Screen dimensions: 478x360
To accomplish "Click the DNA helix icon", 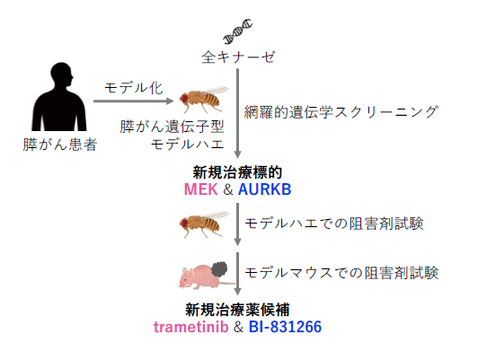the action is point(238,31).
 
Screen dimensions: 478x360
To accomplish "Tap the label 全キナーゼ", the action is point(238,57).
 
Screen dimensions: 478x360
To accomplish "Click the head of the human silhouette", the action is point(62,75).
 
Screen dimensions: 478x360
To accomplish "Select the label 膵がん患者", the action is point(59,145).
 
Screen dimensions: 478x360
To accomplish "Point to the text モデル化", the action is point(134,88).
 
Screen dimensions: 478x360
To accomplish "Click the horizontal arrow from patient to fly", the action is point(134,101).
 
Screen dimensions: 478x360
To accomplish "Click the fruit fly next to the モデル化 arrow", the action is point(204,98).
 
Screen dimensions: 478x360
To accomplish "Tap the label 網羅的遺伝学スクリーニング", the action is point(341,112).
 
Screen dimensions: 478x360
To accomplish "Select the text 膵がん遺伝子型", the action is point(173,127).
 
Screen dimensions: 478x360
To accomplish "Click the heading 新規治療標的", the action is point(237,172).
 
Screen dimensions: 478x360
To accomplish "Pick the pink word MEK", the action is point(201,189).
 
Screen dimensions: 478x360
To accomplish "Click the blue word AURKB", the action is point(264,189).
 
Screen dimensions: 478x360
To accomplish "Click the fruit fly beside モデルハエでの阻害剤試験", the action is point(204,224).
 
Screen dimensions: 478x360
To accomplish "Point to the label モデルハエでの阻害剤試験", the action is point(334,224).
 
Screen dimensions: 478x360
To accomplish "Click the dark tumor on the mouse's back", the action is point(219,269).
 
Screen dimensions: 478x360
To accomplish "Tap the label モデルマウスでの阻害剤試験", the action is point(341,273).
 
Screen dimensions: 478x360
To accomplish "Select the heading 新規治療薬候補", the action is point(237,310).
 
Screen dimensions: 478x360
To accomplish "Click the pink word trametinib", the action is point(191,327).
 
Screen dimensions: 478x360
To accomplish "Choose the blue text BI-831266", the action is point(285,327).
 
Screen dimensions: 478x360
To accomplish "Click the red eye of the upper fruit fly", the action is point(184,99).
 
